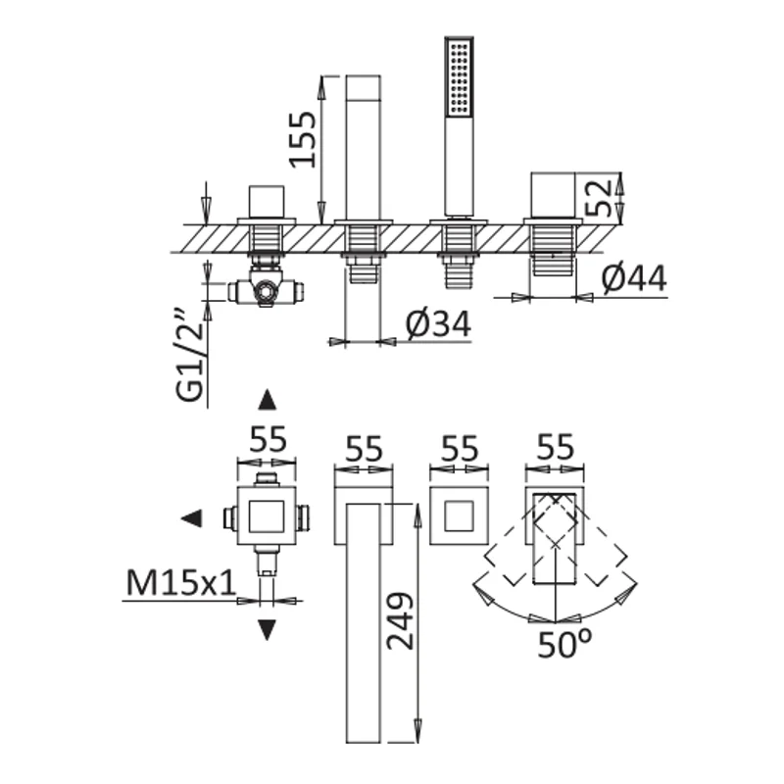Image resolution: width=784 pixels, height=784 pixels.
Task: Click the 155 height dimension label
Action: tap(303, 139)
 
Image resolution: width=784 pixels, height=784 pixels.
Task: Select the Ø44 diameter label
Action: tap(634, 278)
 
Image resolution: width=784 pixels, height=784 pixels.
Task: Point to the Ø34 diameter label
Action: tap(438, 324)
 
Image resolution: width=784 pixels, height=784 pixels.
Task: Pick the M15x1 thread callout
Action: tap(180, 582)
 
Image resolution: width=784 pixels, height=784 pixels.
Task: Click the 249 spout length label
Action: tap(401, 621)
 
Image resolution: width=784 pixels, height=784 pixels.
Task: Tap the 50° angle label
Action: tap(564, 645)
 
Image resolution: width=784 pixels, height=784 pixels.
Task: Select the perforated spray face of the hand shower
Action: tap(460, 77)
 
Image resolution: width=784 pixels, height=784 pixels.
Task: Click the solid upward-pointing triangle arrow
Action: tap(267, 400)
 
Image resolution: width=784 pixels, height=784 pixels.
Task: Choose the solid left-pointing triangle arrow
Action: tap(191, 518)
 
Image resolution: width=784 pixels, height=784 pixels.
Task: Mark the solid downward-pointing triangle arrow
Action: tap(267, 630)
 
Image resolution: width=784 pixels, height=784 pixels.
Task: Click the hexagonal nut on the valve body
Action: tap(265, 291)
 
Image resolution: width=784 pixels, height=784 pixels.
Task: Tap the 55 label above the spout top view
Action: tap(364, 449)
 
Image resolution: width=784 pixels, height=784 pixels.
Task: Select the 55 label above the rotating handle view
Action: tap(555, 447)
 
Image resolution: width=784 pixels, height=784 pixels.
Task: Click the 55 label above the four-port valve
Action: tap(268, 439)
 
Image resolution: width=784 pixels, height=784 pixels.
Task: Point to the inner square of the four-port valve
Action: tap(267, 516)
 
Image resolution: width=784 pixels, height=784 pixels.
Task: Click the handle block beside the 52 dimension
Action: tap(553, 195)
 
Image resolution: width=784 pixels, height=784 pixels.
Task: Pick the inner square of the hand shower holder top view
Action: tap(459, 515)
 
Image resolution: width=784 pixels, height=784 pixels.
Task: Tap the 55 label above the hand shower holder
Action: tap(460, 449)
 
